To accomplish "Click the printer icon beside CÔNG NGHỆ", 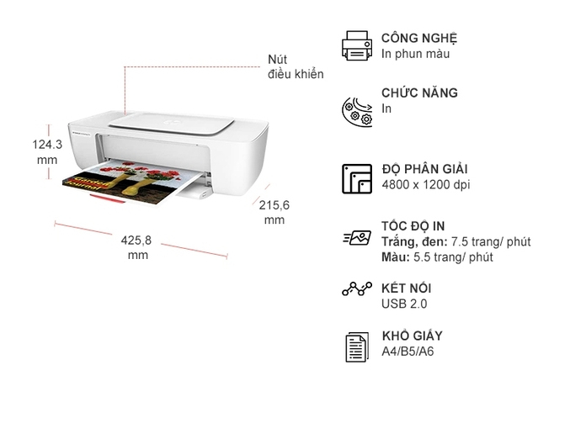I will [357, 45].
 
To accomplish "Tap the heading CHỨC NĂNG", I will [419, 93].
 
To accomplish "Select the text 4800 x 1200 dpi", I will [425, 184].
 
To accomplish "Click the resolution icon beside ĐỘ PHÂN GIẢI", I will [357, 178].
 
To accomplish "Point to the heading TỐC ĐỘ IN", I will [413, 226].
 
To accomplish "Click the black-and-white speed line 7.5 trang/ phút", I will [455, 241].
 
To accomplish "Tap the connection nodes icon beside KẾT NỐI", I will [357, 289].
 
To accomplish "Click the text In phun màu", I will [415, 54].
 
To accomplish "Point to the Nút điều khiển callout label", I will [295, 66].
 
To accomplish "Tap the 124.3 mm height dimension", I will [47, 151].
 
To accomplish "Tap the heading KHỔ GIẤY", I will [413, 336].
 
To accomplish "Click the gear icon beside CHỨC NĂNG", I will [357, 109].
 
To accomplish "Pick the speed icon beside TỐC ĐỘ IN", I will [357, 239].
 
